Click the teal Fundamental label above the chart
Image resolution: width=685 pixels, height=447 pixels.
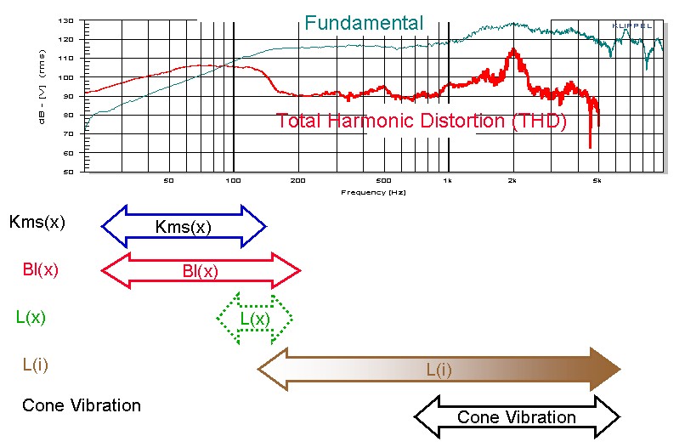pyautogui.click(x=363, y=23)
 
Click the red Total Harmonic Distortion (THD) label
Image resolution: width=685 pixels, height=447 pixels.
pyautogui.click(x=421, y=121)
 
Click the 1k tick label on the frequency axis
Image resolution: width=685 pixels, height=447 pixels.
pyautogui.click(x=447, y=182)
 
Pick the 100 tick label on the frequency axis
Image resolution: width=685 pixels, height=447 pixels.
pyautogui.click(x=233, y=182)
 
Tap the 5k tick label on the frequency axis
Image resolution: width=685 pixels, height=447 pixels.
pyautogui.click(x=597, y=182)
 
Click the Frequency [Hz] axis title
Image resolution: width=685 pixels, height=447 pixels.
pyautogui.click(x=374, y=193)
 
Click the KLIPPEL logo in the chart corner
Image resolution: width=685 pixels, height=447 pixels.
pyautogui.click(x=632, y=26)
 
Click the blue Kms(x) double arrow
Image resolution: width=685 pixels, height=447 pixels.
pyautogui.click(x=184, y=226)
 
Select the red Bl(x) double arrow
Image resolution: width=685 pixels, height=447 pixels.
pyautogui.click(x=201, y=271)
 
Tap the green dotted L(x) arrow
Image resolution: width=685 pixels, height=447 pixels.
pyautogui.click(x=255, y=319)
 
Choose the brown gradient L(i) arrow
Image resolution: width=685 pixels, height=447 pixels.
pyautogui.click(x=439, y=370)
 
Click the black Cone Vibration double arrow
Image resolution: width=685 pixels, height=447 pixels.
pyautogui.click(x=517, y=416)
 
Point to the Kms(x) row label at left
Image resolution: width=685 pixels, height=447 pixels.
pyautogui.click(x=37, y=223)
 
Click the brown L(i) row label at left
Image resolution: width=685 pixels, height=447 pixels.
pyautogui.click(x=35, y=365)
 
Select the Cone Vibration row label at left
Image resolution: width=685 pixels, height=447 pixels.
pyautogui.click(x=81, y=405)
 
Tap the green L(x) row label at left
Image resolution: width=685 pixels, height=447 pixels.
pyautogui.click(x=31, y=317)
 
